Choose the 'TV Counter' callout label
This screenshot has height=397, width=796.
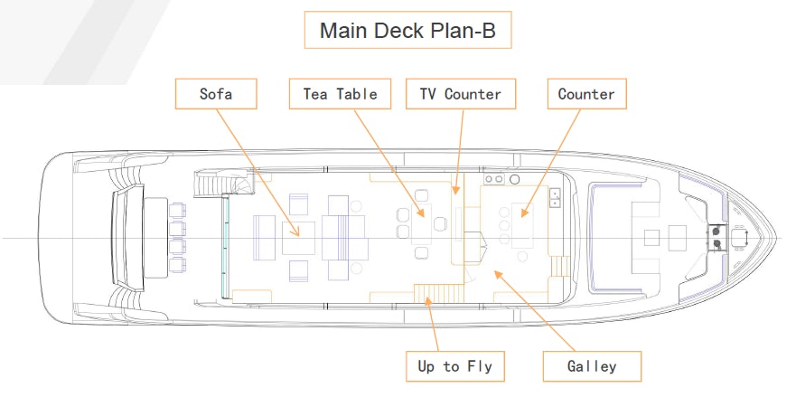coord(460,94)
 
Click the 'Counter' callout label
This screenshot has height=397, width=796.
coord(586,94)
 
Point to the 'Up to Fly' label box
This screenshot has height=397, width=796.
coord(454,366)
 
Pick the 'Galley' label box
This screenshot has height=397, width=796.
coord(592,366)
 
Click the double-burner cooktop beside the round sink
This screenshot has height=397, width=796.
coord(494,180)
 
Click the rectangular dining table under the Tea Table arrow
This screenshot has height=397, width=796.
coord(422,225)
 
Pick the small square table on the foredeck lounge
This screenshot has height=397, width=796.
coord(651,238)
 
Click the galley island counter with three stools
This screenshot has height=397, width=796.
coord(525,226)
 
